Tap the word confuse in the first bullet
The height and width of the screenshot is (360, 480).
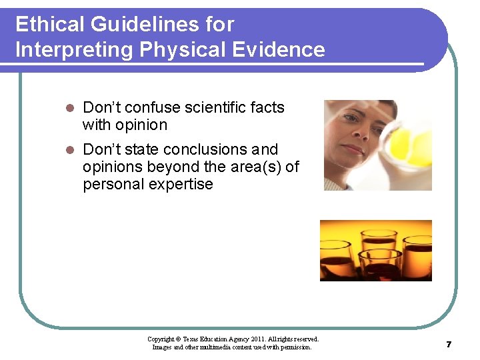[152, 108]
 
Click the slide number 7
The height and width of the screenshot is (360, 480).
[449, 344]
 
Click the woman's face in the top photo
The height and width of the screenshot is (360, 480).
[360, 133]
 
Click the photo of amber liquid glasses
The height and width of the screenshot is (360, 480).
[375, 250]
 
